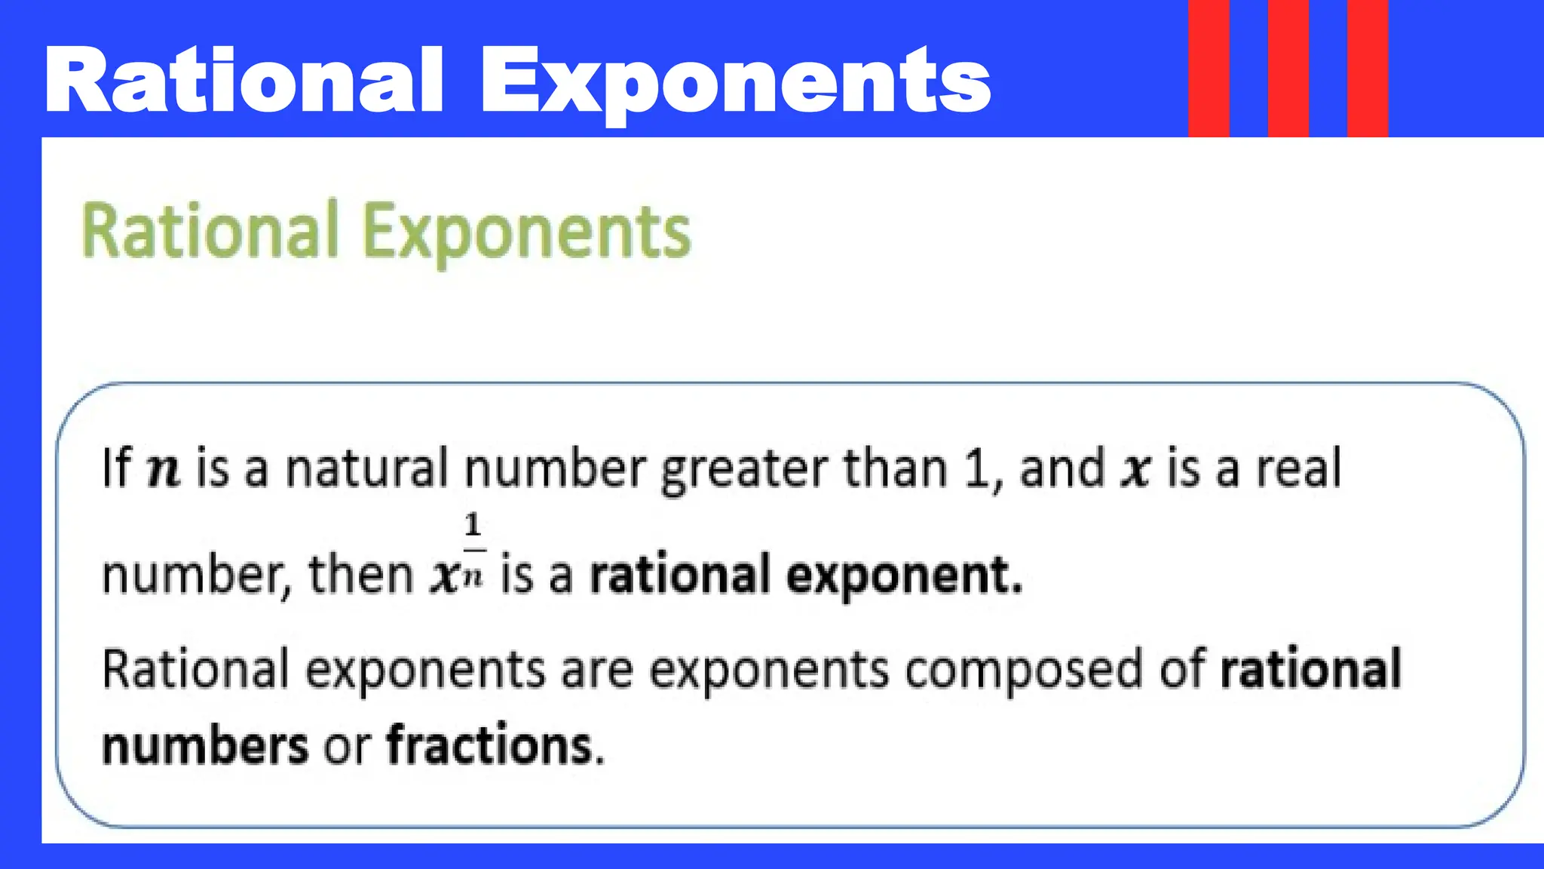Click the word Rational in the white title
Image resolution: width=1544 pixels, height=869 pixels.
pyautogui.click(x=244, y=80)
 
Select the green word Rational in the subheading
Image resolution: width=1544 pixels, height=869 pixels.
pyautogui.click(x=210, y=231)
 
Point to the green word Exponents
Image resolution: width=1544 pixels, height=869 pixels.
pyautogui.click(x=526, y=234)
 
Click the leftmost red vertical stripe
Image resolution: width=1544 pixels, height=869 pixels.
pyautogui.click(x=1209, y=68)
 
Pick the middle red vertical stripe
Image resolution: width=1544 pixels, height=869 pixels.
pyautogui.click(x=1288, y=68)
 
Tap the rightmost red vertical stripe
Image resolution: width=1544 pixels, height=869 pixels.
pyautogui.click(x=1368, y=68)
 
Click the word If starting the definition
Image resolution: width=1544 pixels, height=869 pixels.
pyautogui.click(x=117, y=468)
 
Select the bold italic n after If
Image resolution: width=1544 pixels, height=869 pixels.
pyautogui.click(x=164, y=471)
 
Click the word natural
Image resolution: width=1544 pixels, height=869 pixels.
pyautogui.click(x=366, y=468)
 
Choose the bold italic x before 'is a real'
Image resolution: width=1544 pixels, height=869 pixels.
pyautogui.click(x=1135, y=471)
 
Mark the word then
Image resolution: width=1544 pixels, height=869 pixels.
pyautogui.click(x=361, y=575)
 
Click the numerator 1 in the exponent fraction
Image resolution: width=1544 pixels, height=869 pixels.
pyautogui.click(x=473, y=525)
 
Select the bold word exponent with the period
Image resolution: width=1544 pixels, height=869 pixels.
pyautogui.click(x=905, y=576)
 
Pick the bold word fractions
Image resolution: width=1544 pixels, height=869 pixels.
pyautogui.click(x=495, y=745)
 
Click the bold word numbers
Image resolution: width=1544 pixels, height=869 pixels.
pyautogui.click(x=205, y=745)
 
